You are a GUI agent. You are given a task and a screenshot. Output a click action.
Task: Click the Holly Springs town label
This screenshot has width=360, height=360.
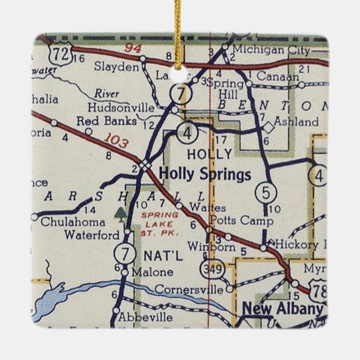pyautogui.click(x=205, y=174)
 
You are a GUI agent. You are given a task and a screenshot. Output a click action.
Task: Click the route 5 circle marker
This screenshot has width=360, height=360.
pyautogui.click(x=266, y=193)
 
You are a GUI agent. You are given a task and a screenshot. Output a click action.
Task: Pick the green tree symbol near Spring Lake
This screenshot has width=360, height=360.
pyautogui.click(x=120, y=212)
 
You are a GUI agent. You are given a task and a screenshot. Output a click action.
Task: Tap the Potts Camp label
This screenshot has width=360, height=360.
pyautogui.click(x=234, y=220)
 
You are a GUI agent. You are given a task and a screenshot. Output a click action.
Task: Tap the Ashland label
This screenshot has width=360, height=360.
pyautogui.click(x=296, y=121)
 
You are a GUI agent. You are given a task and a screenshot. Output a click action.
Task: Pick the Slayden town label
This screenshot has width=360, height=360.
pyautogui.click(x=116, y=67)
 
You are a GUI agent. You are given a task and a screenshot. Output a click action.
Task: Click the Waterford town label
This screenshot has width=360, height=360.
pyautogui.click(x=92, y=235)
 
